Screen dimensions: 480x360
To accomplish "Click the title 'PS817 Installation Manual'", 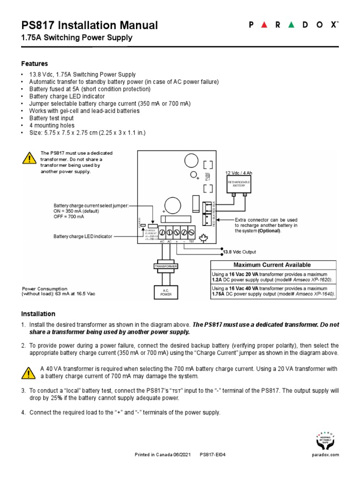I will pos(90,25).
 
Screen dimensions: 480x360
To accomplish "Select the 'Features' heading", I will pos(35,63).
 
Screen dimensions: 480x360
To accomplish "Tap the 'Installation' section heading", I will pos(38,314).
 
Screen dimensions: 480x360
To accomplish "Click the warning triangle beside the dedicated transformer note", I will pos(29,158).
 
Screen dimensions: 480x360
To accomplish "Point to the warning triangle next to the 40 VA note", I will pos(29,373).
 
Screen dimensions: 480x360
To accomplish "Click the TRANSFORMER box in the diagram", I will pos(165,266).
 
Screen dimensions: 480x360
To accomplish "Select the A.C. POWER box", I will pos(165,292).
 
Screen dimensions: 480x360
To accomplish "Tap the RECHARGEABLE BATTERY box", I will pos(239,183).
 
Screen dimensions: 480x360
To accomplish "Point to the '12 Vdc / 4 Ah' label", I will pos(239,173).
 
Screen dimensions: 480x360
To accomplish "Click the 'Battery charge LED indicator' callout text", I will pos(83,237).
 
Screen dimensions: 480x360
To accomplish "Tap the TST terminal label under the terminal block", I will pos(191,241).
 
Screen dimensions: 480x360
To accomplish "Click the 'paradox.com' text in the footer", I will pos(325,455).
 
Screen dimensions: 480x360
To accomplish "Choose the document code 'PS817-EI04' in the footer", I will pos(213,455).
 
